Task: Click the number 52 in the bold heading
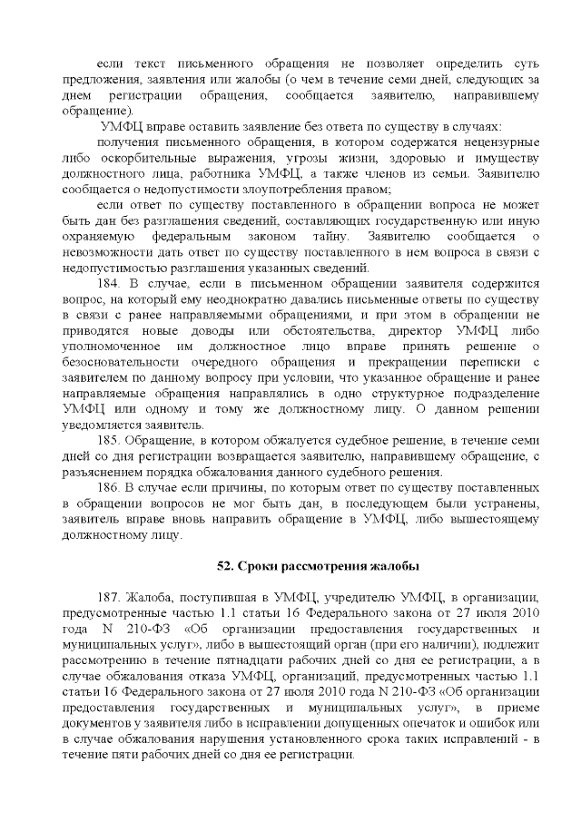tap(224, 566)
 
